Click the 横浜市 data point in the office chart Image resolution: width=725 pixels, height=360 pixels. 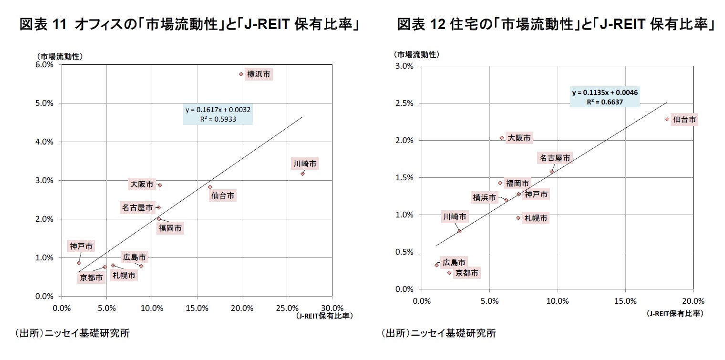(x=241, y=74)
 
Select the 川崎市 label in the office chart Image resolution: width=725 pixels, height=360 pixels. (x=305, y=164)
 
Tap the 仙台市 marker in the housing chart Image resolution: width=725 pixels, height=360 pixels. (x=667, y=119)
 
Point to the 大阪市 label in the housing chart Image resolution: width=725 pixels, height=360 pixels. (x=518, y=138)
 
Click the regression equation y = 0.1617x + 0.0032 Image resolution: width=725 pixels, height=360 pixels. (x=218, y=110)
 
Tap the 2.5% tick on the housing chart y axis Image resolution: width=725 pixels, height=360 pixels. (x=404, y=103)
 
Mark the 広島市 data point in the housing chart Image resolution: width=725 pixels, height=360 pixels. (x=436, y=265)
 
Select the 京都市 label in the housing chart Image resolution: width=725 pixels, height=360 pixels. (x=466, y=273)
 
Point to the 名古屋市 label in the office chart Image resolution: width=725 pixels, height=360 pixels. (x=137, y=207)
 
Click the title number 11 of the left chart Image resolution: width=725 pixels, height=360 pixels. (x=60, y=25)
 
